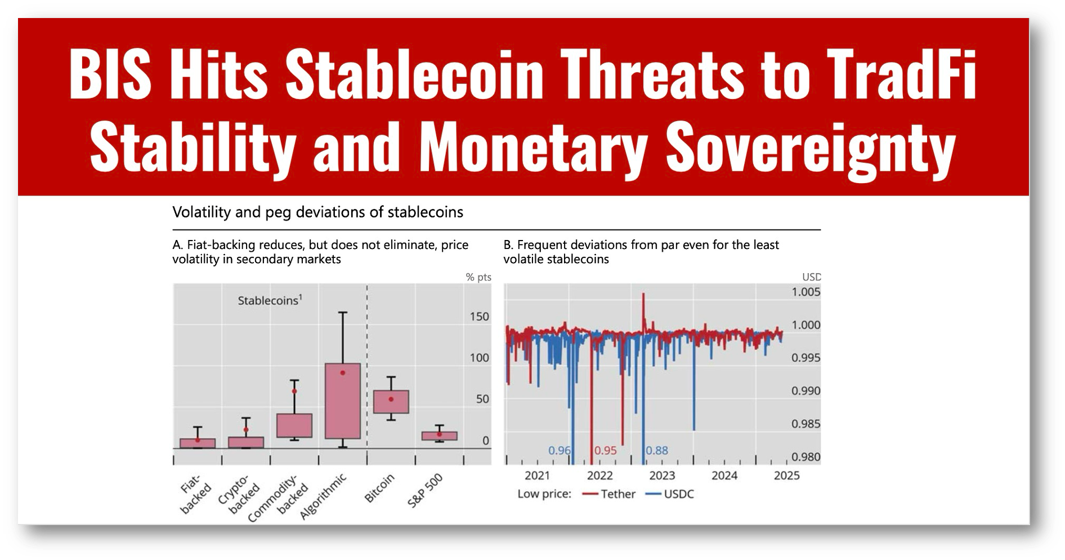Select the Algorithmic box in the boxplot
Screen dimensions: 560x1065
click(342, 401)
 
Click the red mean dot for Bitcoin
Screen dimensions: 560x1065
click(391, 399)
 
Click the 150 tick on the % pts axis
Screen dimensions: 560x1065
click(479, 317)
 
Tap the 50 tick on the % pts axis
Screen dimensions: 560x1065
click(482, 399)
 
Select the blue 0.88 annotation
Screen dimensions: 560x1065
click(657, 451)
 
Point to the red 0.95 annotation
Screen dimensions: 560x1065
click(606, 451)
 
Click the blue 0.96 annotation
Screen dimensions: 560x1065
click(560, 451)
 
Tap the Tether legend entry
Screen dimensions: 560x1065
click(617, 494)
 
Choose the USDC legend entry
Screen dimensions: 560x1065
click(678, 494)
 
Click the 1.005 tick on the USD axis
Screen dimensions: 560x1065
click(806, 292)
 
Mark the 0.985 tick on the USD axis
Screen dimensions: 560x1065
click(806, 424)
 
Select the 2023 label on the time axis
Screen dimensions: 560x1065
click(662, 475)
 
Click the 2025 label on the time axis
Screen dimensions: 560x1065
click(786, 475)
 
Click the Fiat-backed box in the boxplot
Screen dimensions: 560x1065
click(198, 443)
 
